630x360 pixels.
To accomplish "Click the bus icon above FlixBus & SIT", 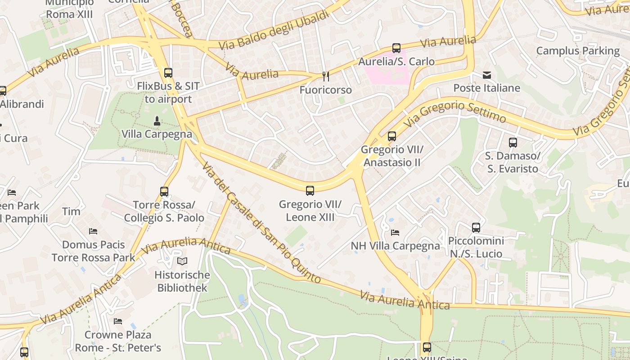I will click(168, 73).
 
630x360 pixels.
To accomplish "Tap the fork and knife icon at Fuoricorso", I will click(326, 76).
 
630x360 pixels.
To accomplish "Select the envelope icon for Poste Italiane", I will click(487, 75).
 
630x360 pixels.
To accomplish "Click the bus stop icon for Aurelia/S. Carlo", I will click(396, 48).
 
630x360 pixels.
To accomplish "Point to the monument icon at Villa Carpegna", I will click(157, 121).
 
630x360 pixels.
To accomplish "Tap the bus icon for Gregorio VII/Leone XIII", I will click(310, 191).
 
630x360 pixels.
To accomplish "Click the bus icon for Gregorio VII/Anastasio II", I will click(392, 136).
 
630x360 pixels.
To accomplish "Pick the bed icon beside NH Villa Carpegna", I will click(395, 233).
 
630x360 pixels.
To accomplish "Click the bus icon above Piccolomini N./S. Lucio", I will click(476, 228).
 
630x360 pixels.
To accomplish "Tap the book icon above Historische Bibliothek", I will click(182, 261).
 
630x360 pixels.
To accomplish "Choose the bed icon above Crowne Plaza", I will click(118, 321).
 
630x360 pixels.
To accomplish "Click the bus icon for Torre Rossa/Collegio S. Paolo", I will click(164, 192).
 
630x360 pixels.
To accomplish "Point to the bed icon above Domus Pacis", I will click(93, 231).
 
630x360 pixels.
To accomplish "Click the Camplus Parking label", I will click(578, 51).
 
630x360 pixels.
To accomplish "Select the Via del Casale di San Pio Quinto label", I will click(261, 222).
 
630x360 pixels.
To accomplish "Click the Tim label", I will click(71, 211).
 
